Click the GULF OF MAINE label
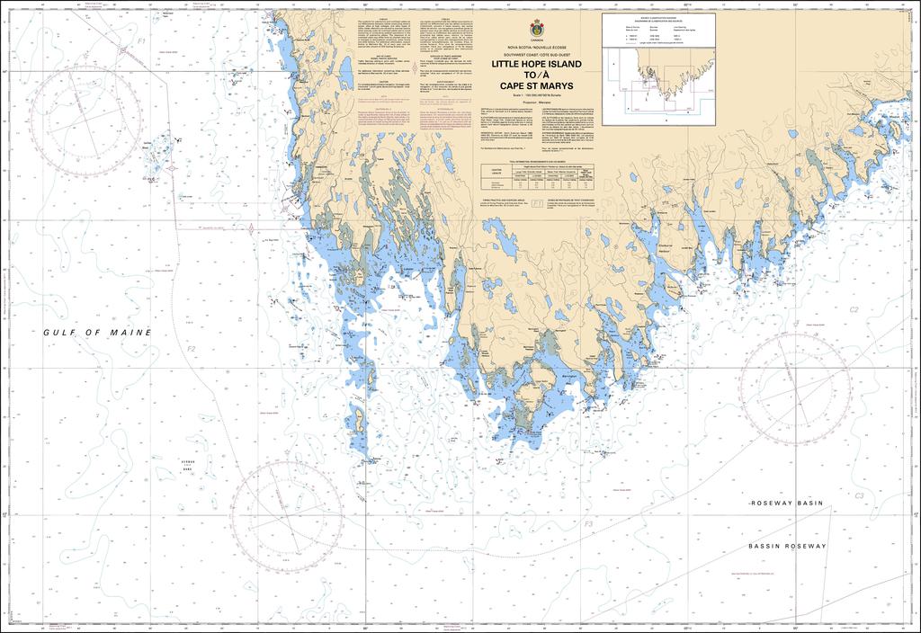[98, 333]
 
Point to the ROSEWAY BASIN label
[786, 504]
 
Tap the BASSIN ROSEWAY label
[786, 547]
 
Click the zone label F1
[140, 42]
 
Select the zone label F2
[191, 349]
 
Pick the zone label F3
[587, 523]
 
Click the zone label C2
[854, 309]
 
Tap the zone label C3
[859, 495]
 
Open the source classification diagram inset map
[658, 68]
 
